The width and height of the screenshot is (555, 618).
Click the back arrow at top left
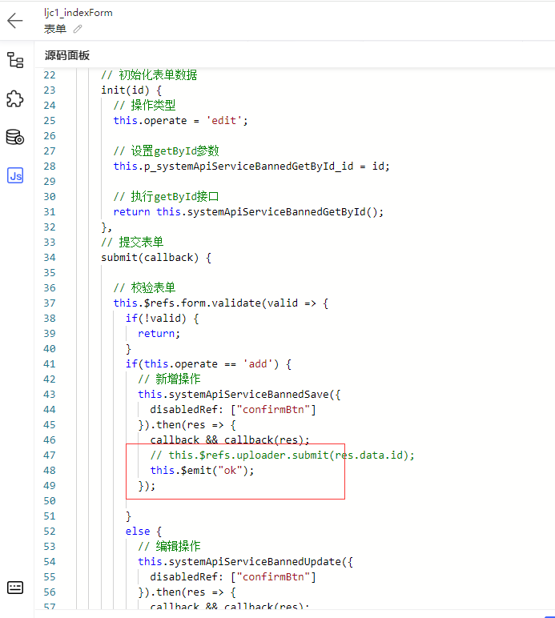[15, 21]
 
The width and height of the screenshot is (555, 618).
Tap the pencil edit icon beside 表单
[78, 29]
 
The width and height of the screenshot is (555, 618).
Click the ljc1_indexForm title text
[78, 13]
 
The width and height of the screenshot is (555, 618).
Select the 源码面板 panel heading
[67, 55]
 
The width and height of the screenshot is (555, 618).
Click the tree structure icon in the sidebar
[15, 60]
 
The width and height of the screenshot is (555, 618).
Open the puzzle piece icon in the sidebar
[15, 98]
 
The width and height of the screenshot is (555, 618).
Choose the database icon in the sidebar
[15, 137]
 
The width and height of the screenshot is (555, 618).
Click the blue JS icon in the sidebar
[15, 175]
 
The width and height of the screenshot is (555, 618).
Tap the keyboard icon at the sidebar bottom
[15, 588]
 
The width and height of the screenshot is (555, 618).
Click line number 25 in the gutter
[50, 121]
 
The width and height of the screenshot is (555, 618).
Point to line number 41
[50, 363]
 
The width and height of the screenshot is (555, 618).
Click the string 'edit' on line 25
[223, 121]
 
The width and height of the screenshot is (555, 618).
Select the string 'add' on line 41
[258, 363]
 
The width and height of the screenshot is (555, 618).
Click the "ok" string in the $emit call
[230, 470]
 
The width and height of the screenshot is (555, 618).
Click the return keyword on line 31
[131, 212]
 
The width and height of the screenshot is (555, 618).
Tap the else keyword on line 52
[138, 532]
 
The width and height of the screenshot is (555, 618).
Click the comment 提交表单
[132, 242]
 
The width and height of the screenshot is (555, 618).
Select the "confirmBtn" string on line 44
[273, 410]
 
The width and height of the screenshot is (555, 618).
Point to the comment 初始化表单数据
[149, 75]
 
